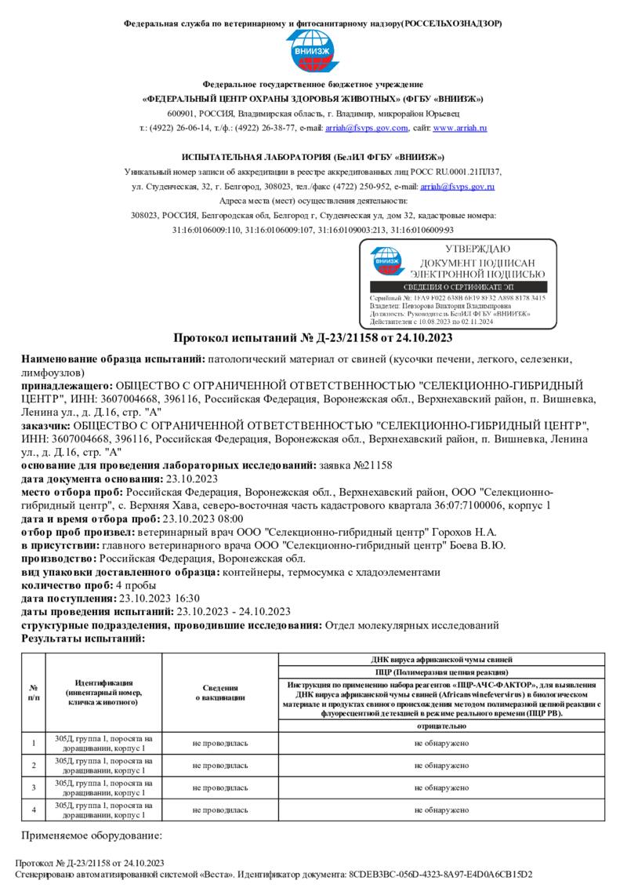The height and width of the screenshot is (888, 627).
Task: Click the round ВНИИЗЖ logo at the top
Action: tap(313, 51)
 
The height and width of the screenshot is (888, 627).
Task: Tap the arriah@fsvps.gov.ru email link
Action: tap(457, 187)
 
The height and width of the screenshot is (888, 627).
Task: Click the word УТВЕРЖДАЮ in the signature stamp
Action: tap(477, 249)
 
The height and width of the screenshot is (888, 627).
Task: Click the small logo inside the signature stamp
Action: tap(386, 261)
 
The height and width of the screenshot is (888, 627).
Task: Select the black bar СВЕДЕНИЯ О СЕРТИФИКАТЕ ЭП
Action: tap(458, 288)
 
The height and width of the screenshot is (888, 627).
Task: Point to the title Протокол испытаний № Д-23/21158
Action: tap(313, 338)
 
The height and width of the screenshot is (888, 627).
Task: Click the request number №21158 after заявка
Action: tap(373, 465)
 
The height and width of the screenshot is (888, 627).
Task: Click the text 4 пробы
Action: tap(136, 585)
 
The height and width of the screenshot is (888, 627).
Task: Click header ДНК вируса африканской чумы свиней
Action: tap(441, 660)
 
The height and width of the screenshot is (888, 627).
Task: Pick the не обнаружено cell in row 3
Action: tap(441, 787)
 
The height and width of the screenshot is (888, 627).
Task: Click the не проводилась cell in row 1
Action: tap(219, 742)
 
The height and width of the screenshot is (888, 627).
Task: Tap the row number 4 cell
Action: tap(33, 810)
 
